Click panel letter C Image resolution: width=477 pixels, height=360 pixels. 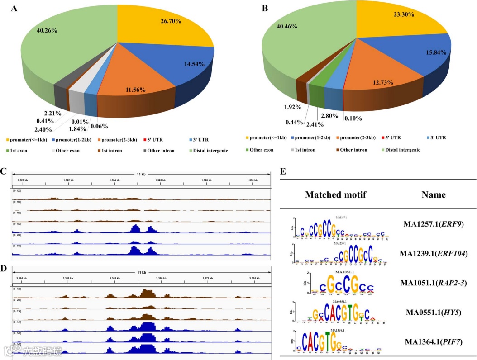point(4,172)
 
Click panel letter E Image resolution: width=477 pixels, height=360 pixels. point(283,172)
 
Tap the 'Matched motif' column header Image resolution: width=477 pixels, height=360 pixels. point(335,195)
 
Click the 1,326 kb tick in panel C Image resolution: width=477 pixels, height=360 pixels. point(161,180)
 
